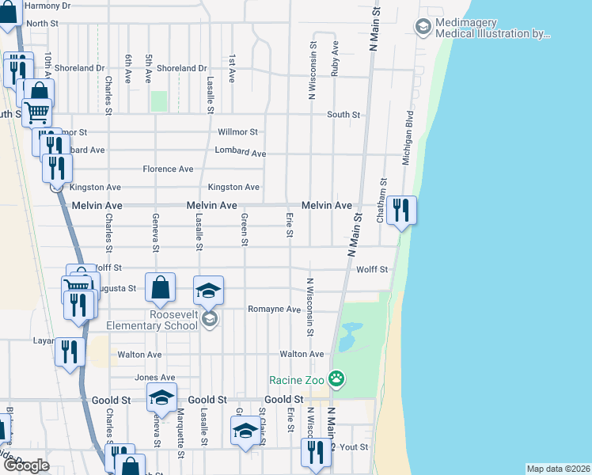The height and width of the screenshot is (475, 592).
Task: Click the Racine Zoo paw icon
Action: [x=337, y=379]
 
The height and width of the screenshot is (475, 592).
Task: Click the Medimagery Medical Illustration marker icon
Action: [x=423, y=28]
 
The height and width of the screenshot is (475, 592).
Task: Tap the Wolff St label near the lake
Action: [x=372, y=269]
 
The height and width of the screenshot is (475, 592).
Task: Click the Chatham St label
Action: [x=381, y=200]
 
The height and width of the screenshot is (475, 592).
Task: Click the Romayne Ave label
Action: [x=274, y=309]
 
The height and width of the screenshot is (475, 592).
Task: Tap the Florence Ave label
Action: [x=168, y=169]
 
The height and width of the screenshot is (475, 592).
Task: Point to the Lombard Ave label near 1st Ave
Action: [x=241, y=151]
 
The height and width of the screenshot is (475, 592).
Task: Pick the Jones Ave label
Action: [x=154, y=378]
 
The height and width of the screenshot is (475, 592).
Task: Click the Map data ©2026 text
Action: [x=557, y=469]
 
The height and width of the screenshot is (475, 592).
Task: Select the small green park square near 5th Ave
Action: [x=159, y=101]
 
